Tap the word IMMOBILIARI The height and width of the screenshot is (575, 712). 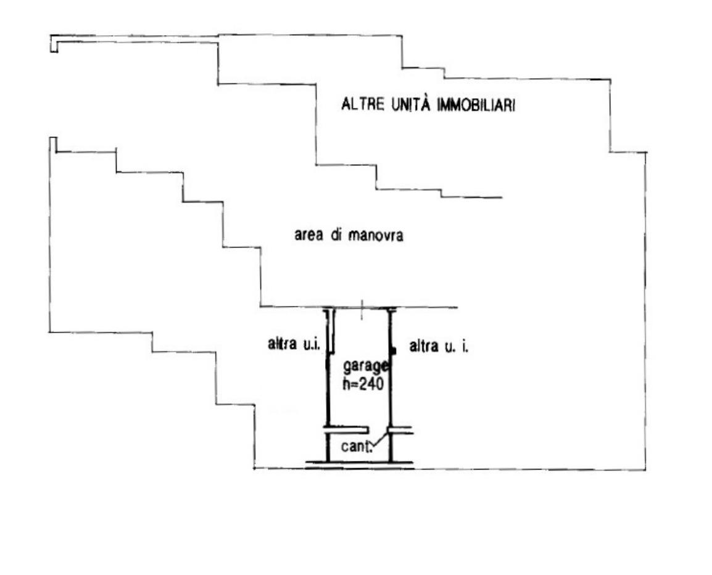(x=476, y=105)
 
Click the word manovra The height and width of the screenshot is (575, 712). (x=376, y=236)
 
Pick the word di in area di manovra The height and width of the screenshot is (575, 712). (x=336, y=236)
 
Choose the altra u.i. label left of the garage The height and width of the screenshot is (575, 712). (x=292, y=345)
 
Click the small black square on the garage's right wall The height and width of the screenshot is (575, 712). (x=393, y=350)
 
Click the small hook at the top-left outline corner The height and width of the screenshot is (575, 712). (x=54, y=45)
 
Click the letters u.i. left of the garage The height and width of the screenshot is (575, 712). (x=307, y=345)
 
